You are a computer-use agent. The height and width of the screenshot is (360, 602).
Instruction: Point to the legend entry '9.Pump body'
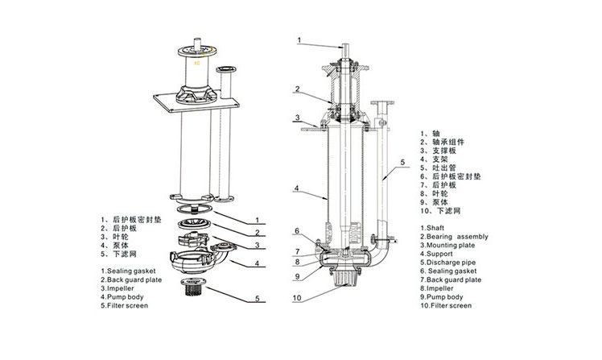[444, 297]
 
